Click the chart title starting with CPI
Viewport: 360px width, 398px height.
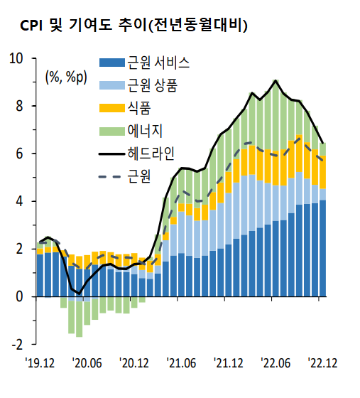[133, 26]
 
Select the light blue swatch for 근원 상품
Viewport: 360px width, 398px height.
[111, 85]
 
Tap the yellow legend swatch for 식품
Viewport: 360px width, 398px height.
[111, 108]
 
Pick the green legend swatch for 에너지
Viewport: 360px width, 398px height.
[111, 131]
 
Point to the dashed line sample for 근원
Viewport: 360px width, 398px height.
[111, 176]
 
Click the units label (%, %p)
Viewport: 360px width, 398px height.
[65, 77]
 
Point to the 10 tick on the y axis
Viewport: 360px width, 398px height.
[16, 58]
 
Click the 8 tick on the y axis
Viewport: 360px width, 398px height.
[20, 106]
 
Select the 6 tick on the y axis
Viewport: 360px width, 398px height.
[20, 154]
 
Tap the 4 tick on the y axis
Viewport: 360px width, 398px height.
[20, 201]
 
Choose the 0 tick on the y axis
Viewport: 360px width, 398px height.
[20, 296]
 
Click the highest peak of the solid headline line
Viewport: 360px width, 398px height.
[276, 80]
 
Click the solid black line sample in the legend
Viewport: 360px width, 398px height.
[111, 154]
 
